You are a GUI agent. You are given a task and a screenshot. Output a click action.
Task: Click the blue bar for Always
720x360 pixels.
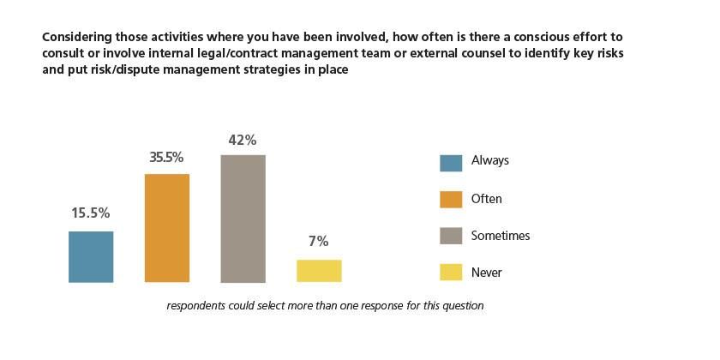[x=91, y=256]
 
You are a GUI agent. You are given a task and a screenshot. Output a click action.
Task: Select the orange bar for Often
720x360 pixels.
[x=167, y=228]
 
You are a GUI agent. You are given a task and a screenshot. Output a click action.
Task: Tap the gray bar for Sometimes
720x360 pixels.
[x=243, y=219]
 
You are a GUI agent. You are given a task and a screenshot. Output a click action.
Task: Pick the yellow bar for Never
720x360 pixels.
[x=319, y=271]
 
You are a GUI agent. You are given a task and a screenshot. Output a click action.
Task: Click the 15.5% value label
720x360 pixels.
[x=91, y=213]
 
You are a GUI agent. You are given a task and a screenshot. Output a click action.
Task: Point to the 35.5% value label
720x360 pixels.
[x=166, y=157]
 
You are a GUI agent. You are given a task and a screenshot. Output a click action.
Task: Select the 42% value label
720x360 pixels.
[x=243, y=140]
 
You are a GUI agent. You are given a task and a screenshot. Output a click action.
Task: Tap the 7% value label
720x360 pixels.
[x=318, y=242]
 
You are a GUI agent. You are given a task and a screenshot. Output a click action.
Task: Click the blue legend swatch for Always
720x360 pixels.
[x=451, y=162]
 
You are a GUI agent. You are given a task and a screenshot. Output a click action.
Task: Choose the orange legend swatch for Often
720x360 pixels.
[x=451, y=200]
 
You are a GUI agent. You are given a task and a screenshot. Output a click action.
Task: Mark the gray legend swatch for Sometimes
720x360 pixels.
[x=451, y=237]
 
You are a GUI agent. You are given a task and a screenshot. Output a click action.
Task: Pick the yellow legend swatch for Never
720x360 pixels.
[x=451, y=273]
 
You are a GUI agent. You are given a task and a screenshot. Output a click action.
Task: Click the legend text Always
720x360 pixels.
[x=490, y=161]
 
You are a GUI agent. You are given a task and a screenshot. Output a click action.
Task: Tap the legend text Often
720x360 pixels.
[x=487, y=199]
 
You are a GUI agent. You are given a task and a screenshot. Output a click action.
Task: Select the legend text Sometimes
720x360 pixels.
[x=501, y=236]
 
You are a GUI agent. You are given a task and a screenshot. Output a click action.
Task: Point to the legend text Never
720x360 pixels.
[x=487, y=273]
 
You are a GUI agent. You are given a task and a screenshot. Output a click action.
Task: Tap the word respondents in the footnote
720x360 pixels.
[x=198, y=305]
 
